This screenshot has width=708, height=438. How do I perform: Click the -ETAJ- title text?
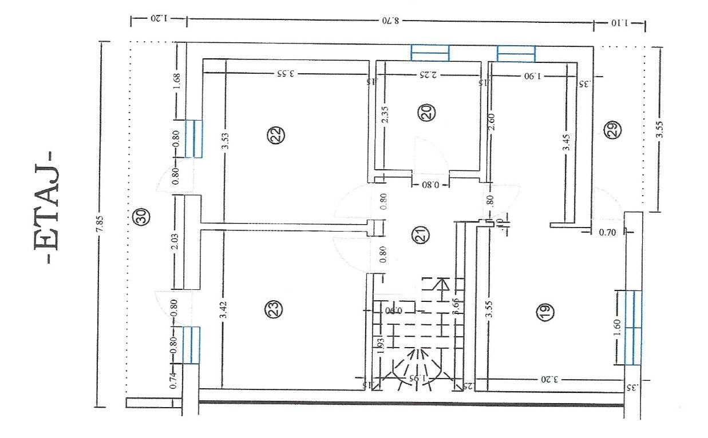click(46, 206)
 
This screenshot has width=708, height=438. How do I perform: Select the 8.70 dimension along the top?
click(390, 22)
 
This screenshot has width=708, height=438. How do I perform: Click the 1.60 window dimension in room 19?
click(616, 327)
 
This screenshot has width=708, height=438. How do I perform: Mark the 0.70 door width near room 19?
click(607, 233)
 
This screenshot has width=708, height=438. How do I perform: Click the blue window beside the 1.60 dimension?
click(633, 327)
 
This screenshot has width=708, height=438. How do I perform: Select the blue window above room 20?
click(430, 53)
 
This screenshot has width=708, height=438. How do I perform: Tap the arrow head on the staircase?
click(442, 283)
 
